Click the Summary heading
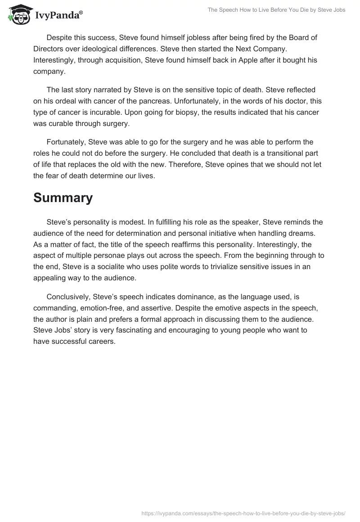tap(63, 198)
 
